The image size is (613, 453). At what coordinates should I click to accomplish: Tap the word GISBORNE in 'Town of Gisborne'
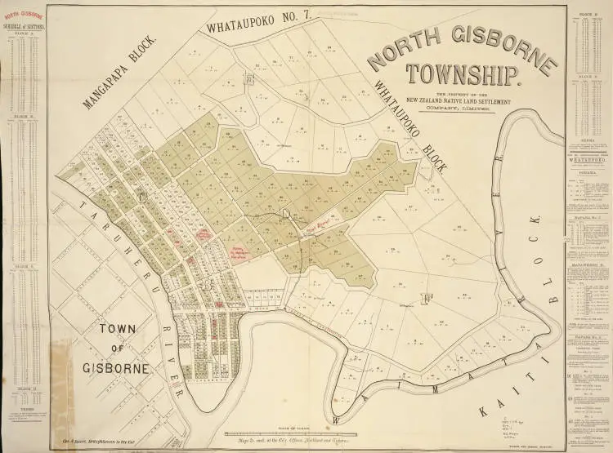tap(123, 368)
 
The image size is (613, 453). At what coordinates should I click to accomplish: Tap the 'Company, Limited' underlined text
tap(463, 107)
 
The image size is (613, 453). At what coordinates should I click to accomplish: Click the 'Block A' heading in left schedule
tap(25, 33)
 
